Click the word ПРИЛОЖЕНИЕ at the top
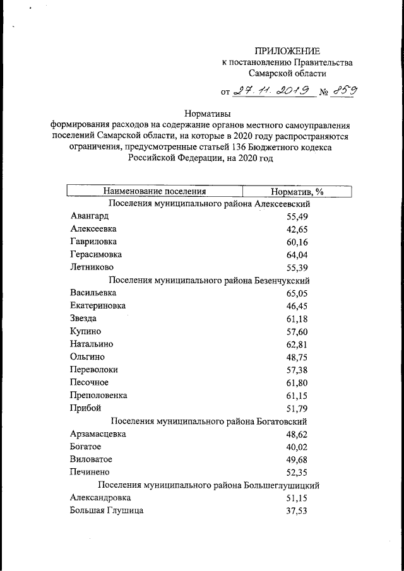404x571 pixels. (287, 50)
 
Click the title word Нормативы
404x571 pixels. (208, 114)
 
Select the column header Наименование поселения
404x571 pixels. (155, 191)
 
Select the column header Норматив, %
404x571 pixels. (297, 191)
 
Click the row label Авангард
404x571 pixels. (90, 216)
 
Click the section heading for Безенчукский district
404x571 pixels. (209, 280)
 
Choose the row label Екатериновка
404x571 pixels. (98, 305)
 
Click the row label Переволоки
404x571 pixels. (94, 370)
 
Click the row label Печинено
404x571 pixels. (90, 472)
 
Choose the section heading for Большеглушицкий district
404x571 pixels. (209, 485)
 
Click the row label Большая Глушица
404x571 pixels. (107, 510)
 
